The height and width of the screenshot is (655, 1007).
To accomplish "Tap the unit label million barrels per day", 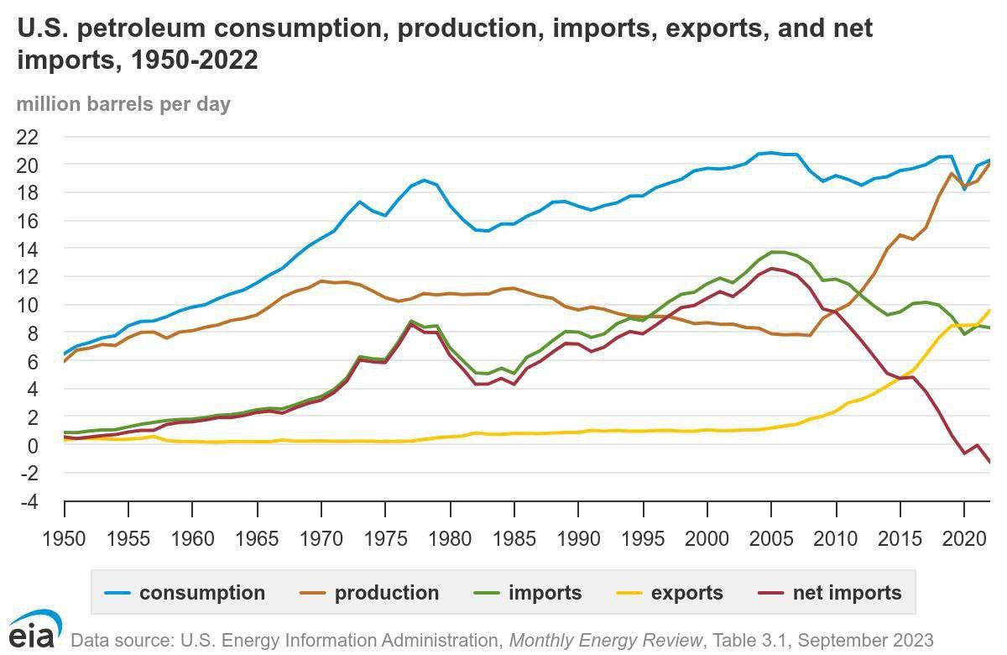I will coord(123,104).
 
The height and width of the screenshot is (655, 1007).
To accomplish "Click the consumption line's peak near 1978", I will coord(425,180).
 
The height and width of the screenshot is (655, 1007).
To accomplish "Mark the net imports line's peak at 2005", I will coord(772,269).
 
